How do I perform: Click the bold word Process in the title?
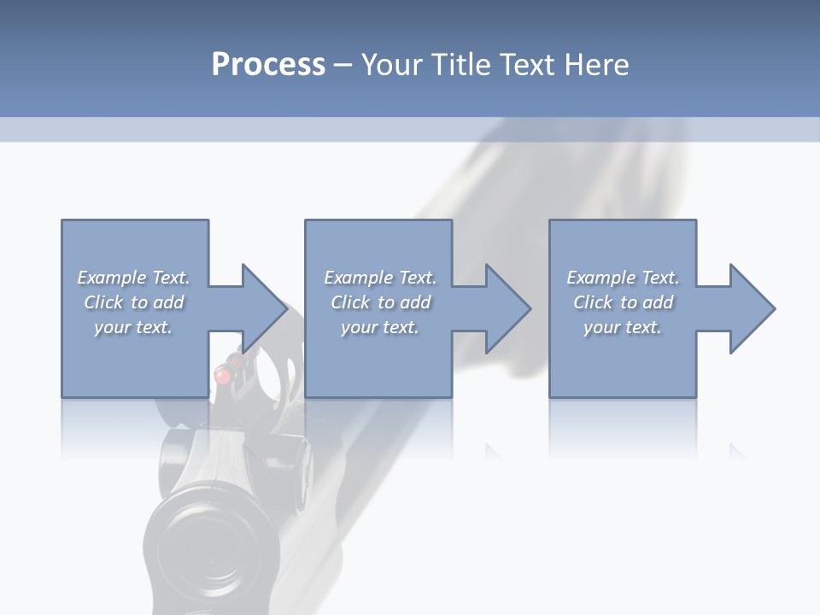click(268, 65)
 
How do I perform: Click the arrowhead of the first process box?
click(265, 308)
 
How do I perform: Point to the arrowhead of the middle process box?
click(508, 308)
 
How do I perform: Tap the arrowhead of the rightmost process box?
click(753, 308)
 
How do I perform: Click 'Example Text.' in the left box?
click(133, 278)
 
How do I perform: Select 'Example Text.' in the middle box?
click(380, 278)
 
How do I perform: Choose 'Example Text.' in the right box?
click(623, 278)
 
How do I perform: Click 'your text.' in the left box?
click(133, 327)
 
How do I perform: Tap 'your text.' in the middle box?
click(380, 327)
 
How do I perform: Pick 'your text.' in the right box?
click(623, 327)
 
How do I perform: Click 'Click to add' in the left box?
click(133, 302)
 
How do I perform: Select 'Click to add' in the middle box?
click(380, 302)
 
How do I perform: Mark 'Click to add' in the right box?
click(623, 302)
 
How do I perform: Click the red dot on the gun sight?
click(221, 374)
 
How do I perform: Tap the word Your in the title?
click(394, 65)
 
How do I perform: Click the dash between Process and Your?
click(343, 65)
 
